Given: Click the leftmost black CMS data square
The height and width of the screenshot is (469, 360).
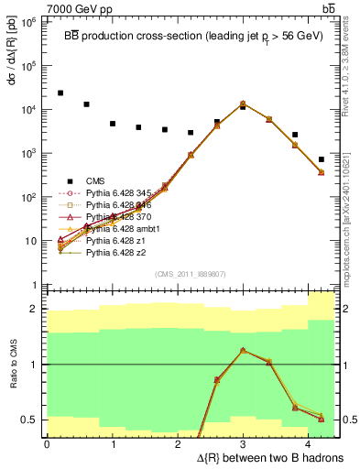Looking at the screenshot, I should click(60, 93).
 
